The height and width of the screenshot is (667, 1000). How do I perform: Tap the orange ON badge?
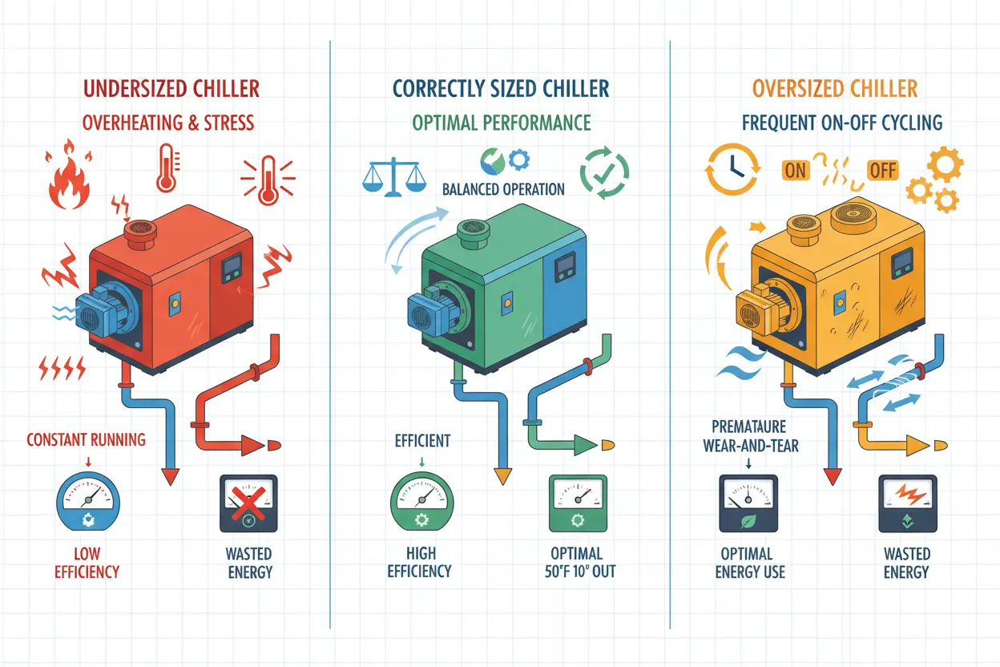point(796,170)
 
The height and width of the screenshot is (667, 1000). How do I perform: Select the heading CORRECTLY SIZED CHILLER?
point(501,88)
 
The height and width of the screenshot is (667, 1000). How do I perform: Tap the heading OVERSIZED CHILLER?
point(834,88)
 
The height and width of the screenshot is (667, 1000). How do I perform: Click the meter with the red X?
point(248,504)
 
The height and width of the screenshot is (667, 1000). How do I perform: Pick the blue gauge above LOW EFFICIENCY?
point(88,504)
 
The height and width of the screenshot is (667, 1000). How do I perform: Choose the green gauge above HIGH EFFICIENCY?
point(421,504)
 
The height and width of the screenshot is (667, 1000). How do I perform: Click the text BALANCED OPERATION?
point(503,190)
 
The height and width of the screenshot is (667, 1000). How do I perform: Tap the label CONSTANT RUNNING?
point(86,439)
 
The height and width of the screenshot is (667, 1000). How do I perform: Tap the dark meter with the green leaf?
point(748,504)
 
